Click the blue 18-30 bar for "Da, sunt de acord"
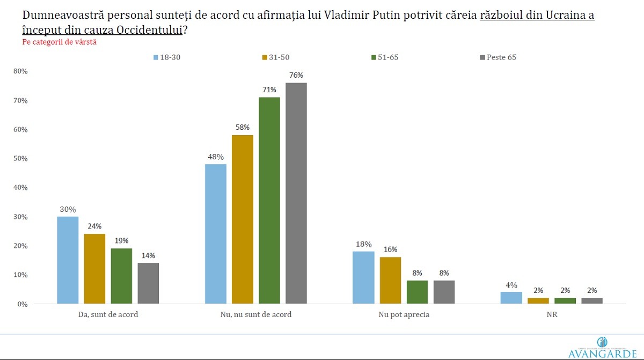click(x=68, y=260)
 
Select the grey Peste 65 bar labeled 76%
click(x=296, y=193)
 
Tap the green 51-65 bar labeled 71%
click(x=269, y=201)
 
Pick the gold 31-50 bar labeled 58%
click(x=243, y=219)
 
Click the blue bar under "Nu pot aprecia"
click(x=363, y=277)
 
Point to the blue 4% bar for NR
click(x=511, y=298)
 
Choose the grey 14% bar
click(x=148, y=283)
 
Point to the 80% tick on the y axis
click(x=20, y=71)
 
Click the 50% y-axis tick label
click(x=20, y=159)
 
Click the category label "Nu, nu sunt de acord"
click(x=256, y=314)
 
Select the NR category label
click(x=552, y=314)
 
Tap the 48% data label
click(x=216, y=157)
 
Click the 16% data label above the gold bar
click(x=390, y=249)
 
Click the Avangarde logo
click(x=602, y=349)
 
